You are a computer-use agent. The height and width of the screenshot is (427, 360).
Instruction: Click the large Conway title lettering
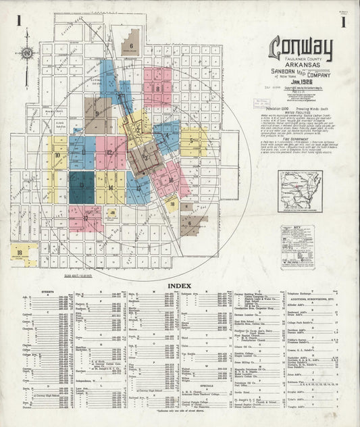[x=301, y=49]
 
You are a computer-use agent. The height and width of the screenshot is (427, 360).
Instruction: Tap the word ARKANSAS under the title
[x=301, y=67]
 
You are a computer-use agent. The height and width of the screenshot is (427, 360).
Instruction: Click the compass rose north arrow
[x=27, y=53]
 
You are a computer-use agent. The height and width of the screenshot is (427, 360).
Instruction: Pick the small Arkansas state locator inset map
[x=300, y=191]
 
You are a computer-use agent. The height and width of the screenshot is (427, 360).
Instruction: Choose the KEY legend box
[x=298, y=247]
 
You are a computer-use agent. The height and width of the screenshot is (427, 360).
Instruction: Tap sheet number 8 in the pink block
[x=157, y=88]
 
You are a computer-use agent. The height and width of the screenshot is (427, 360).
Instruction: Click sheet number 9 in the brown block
[x=97, y=114]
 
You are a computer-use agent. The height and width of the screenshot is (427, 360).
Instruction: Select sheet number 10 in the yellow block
[x=58, y=155]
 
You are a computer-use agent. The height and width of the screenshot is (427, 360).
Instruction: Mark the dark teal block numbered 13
[x=81, y=188]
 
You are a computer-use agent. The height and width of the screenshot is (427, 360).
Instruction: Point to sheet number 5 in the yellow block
[x=192, y=141]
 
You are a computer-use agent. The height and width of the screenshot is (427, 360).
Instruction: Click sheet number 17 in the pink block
[x=86, y=218]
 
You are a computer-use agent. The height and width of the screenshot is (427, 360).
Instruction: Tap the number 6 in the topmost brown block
[x=130, y=46]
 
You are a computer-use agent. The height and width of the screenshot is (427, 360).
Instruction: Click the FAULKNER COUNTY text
[x=301, y=59]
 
